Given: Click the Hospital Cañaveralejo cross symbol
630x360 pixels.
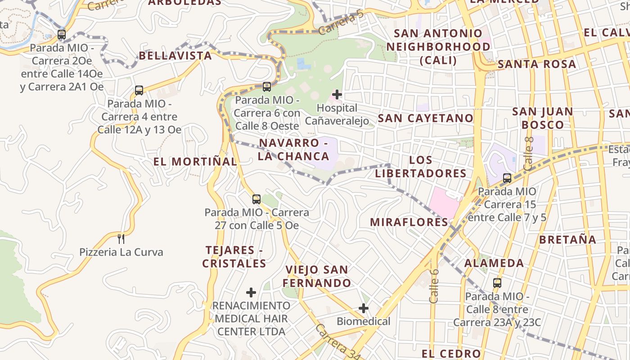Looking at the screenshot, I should tap(337, 94).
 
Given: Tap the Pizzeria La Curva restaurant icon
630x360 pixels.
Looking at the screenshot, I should tap(121, 238).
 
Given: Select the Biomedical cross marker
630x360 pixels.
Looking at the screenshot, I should tap(364, 308).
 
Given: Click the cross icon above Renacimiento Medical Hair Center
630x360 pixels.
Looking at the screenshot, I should tap(251, 292).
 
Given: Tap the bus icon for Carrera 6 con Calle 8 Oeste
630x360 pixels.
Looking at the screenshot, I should tap(267, 86).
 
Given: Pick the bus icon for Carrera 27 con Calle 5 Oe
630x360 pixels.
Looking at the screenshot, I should tap(256, 199).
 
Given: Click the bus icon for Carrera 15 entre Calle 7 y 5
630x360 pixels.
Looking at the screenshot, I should tap(507, 178).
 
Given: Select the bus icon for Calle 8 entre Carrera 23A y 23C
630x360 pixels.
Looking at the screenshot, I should tap(497, 283).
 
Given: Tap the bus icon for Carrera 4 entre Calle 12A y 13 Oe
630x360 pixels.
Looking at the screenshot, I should tap(139, 90).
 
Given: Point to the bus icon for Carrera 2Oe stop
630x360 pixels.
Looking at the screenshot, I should tap(62, 34).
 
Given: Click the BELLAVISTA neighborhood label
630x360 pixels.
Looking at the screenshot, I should tap(175, 56).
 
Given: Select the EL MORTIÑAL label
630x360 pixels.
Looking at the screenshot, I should tap(195, 162).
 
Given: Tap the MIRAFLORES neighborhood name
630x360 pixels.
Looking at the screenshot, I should tap(409, 222).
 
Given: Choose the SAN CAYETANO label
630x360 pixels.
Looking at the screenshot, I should tap(425, 118).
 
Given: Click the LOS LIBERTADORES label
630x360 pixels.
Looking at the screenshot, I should tap(421, 166).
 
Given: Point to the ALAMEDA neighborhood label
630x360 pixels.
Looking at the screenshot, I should tap(494, 263).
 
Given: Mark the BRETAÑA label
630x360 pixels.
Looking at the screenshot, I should tap(567, 239).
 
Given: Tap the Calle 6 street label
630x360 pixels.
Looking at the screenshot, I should tap(434, 286).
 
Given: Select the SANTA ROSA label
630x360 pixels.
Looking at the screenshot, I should tap(536, 64).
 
